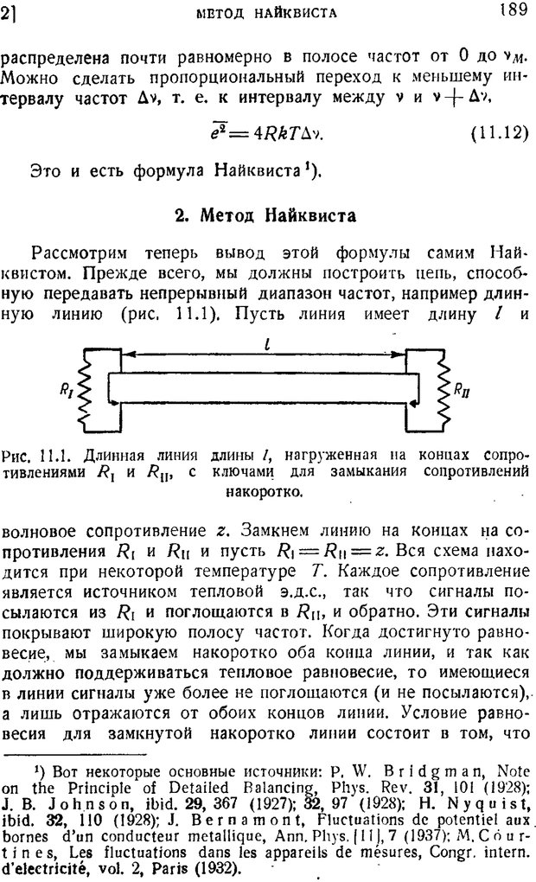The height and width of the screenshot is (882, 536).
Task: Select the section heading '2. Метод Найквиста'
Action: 265,215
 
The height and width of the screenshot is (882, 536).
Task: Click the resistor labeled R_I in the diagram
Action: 83,388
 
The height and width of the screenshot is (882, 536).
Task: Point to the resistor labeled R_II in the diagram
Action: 442,388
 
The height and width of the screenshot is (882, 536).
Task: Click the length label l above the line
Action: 268,343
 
